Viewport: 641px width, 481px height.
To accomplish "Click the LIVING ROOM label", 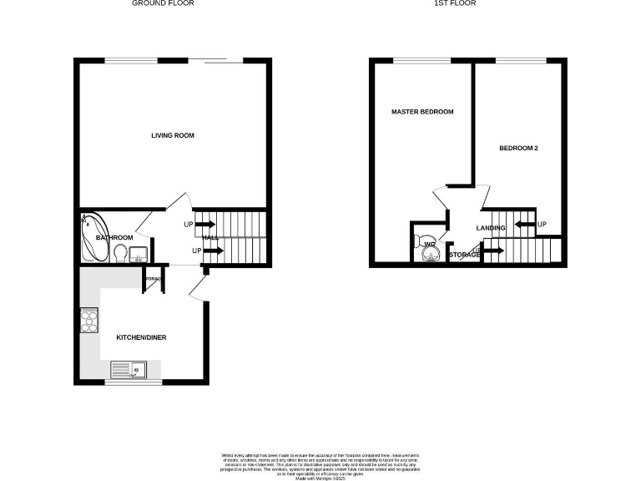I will point(173,135).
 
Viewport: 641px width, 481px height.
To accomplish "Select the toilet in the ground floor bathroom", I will point(120,252).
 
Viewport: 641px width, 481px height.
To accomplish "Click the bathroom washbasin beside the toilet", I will point(139,253).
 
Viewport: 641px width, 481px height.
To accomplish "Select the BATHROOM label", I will point(114,238).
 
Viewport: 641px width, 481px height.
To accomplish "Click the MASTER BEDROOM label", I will point(422,112).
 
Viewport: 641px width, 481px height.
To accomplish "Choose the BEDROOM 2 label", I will point(518,148).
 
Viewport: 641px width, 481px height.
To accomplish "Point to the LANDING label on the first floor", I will point(491,228).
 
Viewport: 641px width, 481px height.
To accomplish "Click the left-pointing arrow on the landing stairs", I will point(524,224).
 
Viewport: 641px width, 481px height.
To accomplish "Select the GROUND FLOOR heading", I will point(163,3).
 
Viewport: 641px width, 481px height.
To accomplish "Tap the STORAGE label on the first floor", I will point(465,255).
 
